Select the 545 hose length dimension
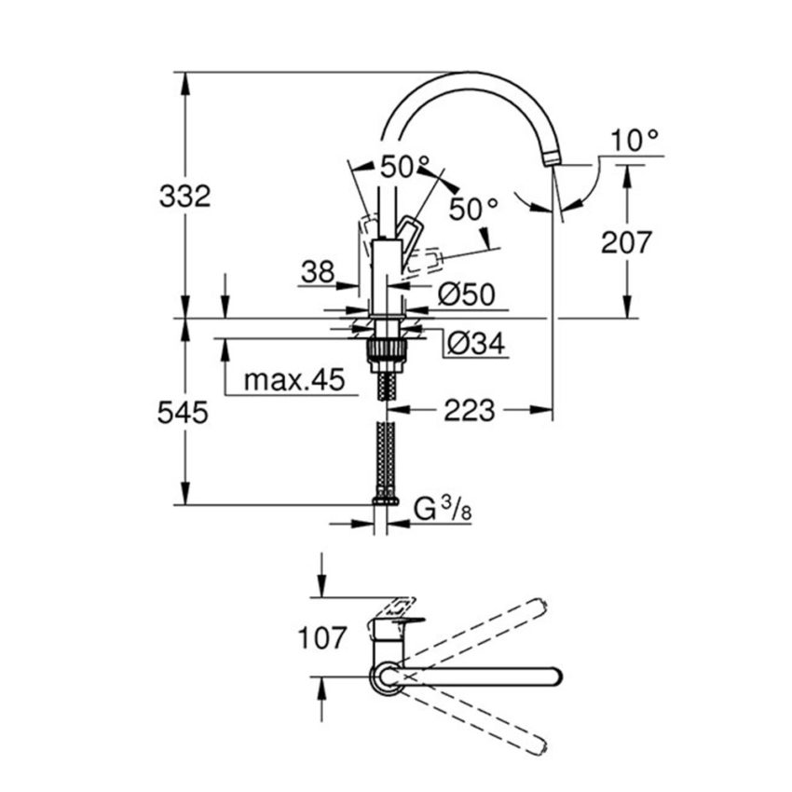[183, 413]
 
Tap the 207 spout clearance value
[626, 242]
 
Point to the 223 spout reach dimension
[469, 410]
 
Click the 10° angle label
[635, 141]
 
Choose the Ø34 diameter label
[475, 344]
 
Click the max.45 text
[294, 380]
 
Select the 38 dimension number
[317, 271]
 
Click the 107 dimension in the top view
[321, 639]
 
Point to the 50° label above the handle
[403, 168]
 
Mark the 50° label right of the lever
[473, 209]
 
